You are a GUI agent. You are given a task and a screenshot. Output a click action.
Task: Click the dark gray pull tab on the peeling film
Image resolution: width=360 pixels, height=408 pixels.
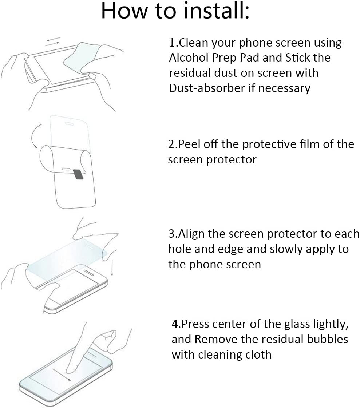pos(78,174)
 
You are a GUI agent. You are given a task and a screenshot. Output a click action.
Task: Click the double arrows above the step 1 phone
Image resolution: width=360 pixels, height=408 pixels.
pos(52,41)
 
